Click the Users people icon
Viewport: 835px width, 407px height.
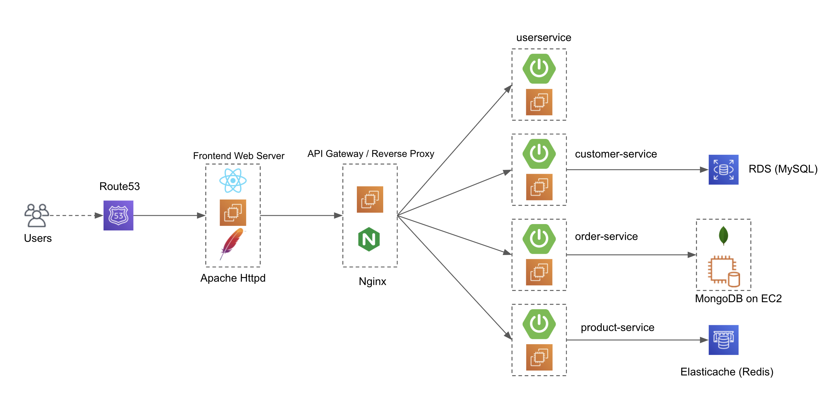click(37, 215)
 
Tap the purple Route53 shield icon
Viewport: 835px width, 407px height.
click(118, 215)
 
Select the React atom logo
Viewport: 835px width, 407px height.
click(233, 181)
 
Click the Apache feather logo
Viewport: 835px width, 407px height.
click(232, 243)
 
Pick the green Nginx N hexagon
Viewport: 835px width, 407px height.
click(369, 239)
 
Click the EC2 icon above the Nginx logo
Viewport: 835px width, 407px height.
click(370, 199)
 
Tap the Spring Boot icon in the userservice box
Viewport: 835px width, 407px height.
click(539, 68)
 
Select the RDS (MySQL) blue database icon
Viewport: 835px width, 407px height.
click(723, 169)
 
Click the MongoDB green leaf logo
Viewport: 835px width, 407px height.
click(723, 235)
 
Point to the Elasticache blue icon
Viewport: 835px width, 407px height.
click(723, 340)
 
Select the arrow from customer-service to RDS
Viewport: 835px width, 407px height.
click(635, 169)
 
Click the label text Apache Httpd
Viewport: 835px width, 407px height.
click(233, 278)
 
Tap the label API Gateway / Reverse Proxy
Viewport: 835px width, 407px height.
click(371, 154)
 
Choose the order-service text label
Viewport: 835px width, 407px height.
click(606, 236)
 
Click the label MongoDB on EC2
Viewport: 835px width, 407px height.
click(738, 299)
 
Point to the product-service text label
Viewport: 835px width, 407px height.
click(617, 327)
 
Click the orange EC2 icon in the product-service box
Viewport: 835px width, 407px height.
click(539, 357)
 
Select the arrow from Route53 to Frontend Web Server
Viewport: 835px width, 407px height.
click(168, 215)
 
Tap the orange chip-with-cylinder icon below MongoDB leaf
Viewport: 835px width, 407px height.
click(723, 271)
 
